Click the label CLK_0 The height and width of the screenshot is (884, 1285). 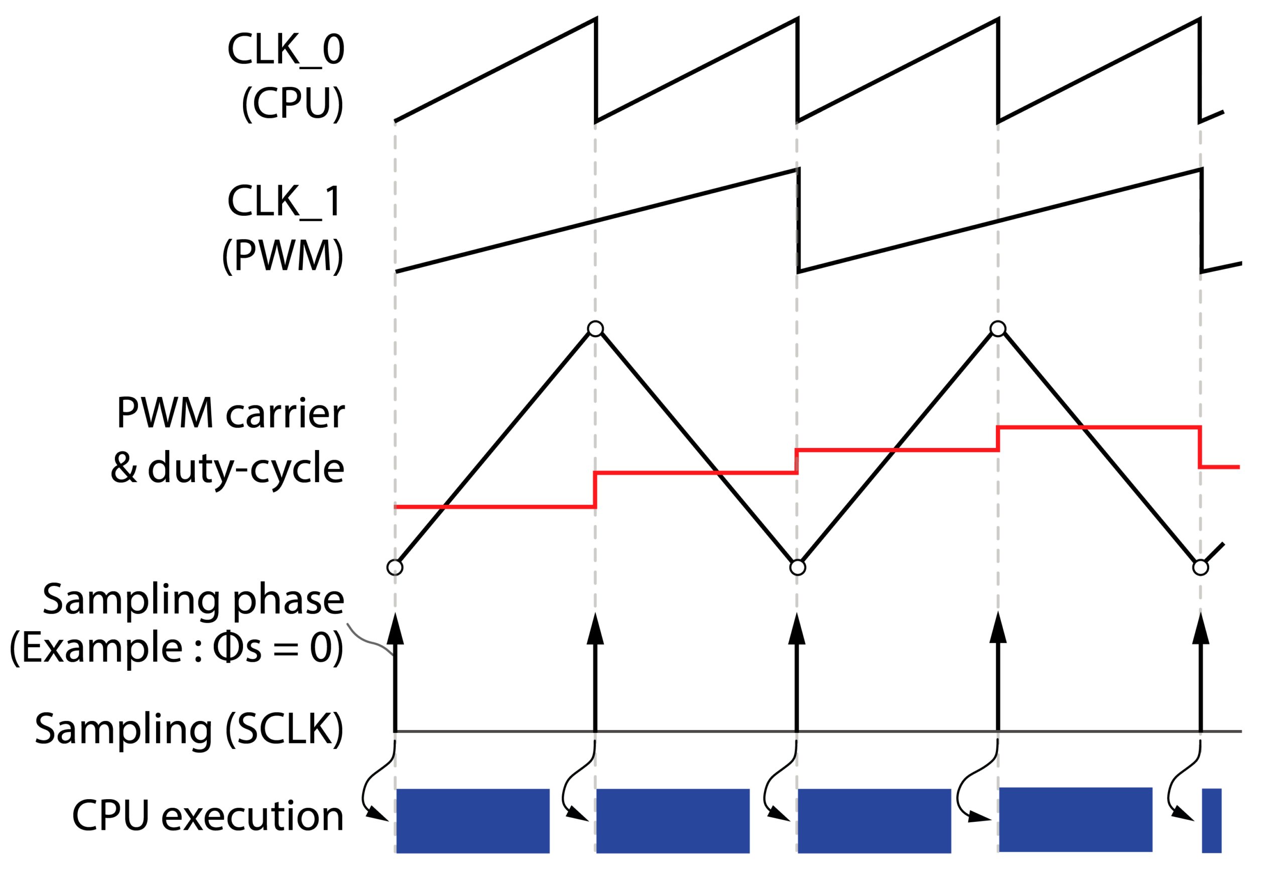[x=286, y=50]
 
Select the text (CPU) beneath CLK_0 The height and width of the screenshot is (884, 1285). [x=292, y=103]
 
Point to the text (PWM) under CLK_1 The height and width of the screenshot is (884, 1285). [x=282, y=256]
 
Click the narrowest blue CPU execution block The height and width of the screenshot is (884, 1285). [x=1211, y=820]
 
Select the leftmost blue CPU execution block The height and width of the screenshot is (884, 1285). [x=473, y=821]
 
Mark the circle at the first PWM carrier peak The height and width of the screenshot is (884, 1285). [x=595, y=329]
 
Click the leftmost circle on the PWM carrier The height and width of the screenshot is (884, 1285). [x=395, y=567]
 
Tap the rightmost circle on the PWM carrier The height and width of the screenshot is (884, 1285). [x=1200, y=567]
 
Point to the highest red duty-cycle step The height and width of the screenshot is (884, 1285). [x=1098, y=427]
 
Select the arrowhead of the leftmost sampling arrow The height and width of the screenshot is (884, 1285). [x=395, y=630]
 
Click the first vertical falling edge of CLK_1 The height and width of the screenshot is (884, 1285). [x=798, y=220]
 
